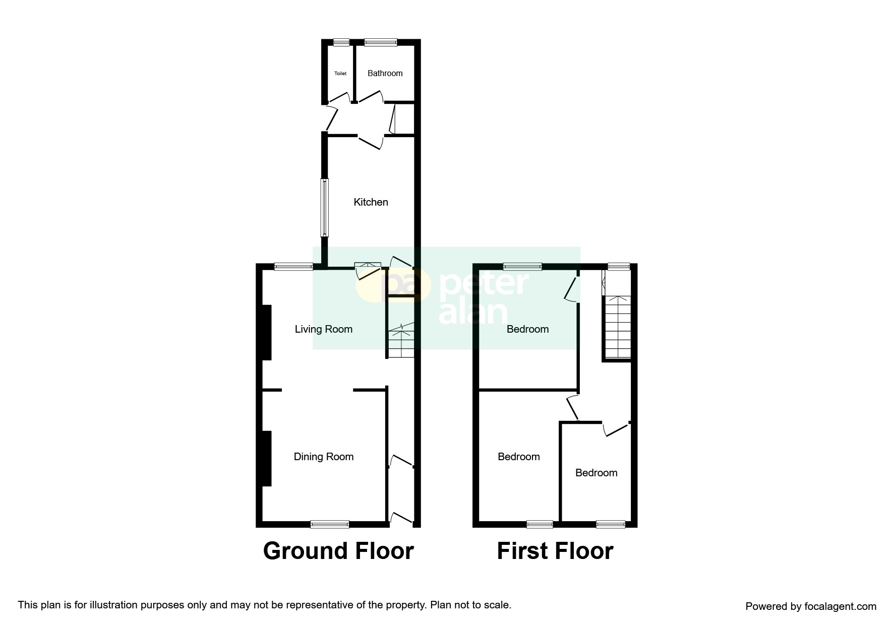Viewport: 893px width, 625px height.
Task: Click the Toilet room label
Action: tap(340, 74)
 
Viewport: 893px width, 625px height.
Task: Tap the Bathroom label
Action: tap(385, 74)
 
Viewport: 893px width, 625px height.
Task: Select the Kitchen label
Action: tap(371, 202)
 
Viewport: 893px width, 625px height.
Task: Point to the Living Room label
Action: tap(323, 329)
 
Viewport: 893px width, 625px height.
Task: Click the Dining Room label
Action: tap(323, 457)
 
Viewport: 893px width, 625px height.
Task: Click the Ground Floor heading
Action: tap(338, 551)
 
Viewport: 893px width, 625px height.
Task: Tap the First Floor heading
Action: tap(555, 551)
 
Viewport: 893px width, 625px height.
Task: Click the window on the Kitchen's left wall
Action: tap(325, 208)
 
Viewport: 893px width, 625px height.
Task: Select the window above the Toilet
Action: tap(341, 43)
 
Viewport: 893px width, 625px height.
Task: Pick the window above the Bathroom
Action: tap(381, 43)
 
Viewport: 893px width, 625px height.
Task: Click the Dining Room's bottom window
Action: tap(330, 524)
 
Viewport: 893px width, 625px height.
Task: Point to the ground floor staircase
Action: tap(401, 340)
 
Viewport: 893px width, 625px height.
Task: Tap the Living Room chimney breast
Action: tap(267, 333)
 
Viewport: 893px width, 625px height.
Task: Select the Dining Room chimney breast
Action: tap(267, 459)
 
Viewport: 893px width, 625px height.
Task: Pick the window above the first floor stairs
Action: tap(618, 267)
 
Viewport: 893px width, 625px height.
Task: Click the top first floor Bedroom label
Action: tap(527, 329)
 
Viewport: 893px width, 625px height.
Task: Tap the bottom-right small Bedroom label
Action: tap(596, 473)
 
